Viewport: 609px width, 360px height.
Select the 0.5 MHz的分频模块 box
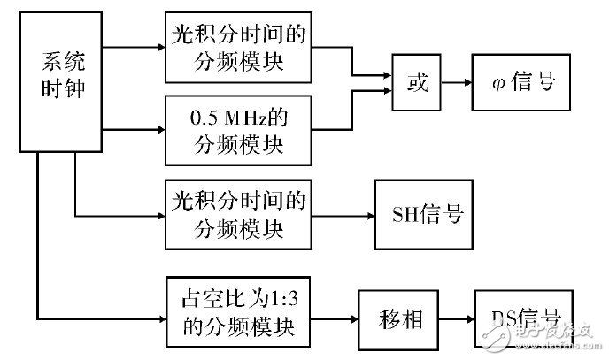[x=237, y=131]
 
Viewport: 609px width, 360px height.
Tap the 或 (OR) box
[x=418, y=84]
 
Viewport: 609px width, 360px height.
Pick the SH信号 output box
[x=427, y=215]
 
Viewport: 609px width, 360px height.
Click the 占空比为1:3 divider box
[x=237, y=316]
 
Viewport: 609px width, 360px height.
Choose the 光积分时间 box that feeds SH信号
[x=237, y=215]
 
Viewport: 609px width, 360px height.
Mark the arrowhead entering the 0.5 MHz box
[x=159, y=131]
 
